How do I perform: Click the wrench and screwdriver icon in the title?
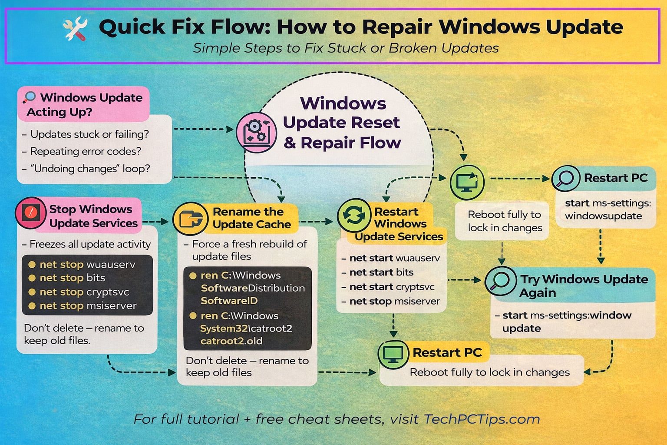click(75, 29)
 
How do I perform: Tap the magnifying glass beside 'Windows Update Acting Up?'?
click(30, 97)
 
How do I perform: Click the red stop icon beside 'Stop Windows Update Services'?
click(30, 213)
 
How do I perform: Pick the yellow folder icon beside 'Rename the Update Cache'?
click(189, 219)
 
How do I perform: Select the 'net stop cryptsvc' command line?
click(84, 292)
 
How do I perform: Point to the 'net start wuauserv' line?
click(394, 258)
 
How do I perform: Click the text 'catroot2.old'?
click(231, 341)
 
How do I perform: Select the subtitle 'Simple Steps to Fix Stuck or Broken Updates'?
click(346, 48)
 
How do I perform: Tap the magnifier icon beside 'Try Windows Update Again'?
click(500, 281)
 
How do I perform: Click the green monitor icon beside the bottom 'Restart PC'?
click(393, 354)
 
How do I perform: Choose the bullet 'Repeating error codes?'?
click(86, 151)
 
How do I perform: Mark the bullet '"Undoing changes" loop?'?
click(90, 169)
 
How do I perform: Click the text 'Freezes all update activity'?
click(90, 244)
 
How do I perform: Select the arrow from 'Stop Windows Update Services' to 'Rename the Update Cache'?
click(155, 222)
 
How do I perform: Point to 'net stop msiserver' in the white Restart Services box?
click(394, 301)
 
